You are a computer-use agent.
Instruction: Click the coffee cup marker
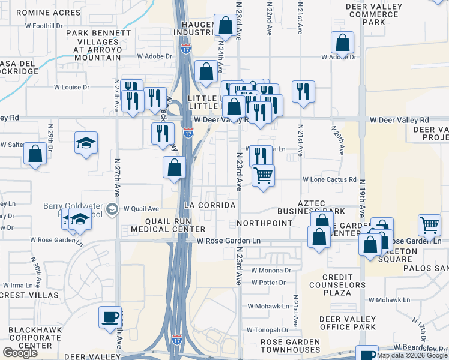[x=110, y=317]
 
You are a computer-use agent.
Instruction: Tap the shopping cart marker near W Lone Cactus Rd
[x=263, y=176]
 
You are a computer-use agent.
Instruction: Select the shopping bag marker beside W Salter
[x=35, y=154]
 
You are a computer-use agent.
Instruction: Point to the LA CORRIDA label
[x=209, y=205]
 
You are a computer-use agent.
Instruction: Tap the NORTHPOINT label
[x=264, y=223]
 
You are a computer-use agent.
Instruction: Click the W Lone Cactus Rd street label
[x=330, y=179]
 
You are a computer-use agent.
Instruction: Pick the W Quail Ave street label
[x=141, y=209]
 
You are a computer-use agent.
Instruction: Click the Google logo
[x=20, y=353]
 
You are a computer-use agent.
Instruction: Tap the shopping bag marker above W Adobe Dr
[x=342, y=43]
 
